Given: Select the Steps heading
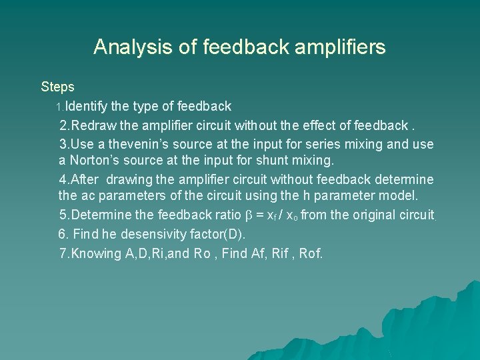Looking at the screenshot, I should (x=57, y=87).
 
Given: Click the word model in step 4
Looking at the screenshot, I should (x=398, y=196).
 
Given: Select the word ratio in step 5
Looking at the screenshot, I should (x=227, y=215).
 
